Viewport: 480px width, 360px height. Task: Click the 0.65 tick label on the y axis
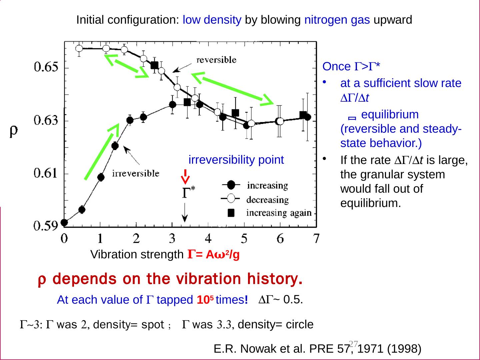point(46,68)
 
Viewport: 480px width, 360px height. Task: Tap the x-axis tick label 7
point(316,238)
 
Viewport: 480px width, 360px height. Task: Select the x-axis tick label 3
point(172,238)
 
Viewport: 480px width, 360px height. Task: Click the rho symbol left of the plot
point(14,131)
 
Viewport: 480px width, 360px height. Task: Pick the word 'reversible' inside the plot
point(216,60)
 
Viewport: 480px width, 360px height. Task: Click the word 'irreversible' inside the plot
point(135,174)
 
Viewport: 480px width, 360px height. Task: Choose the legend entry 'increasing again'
point(279,213)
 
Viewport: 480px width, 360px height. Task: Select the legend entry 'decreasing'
point(267,200)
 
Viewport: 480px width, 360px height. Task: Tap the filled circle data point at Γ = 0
point(64,222)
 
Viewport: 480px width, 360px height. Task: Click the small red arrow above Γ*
point(185,177)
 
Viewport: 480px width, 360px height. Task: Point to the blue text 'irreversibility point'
point(236,160)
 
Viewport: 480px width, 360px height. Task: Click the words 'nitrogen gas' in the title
point(337,20)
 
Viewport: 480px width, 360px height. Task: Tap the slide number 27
point(353,343)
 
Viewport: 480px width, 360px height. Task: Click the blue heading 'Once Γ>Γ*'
point(352,67)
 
